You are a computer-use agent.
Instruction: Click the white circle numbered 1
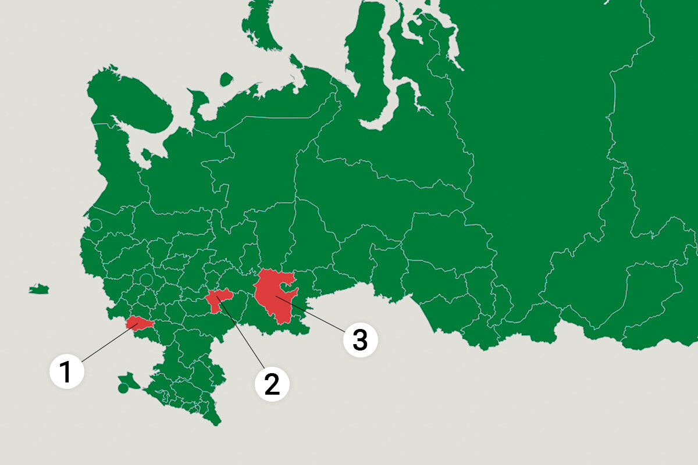(x=67, y=371)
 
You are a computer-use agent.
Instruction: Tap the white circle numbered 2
(x=272, y=384)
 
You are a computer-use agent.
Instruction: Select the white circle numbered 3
(x=360, y=340)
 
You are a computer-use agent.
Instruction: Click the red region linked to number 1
(x=140, y=324)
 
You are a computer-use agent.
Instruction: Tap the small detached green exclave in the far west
(x=39, y=289)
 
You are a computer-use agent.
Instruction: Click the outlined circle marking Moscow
(x=146, y=280)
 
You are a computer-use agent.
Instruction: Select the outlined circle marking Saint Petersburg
(x=96, y=224)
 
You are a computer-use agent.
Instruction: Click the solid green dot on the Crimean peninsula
(x=123, y=388)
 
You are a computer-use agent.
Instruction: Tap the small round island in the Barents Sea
(x=227, y=79)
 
